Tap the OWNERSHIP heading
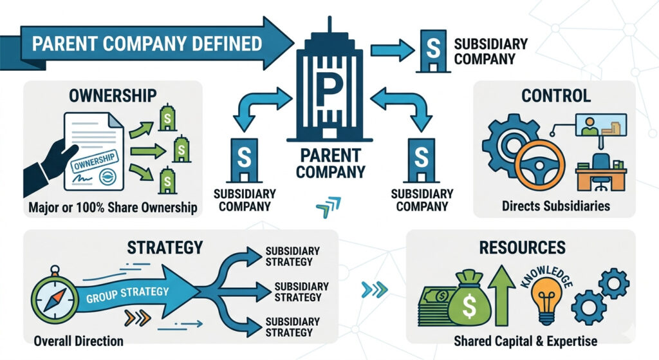113,96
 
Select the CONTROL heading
555,96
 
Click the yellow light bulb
546,301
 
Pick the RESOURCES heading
521,247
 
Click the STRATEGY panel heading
165,247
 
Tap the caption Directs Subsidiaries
555,207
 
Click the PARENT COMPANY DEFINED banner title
147,44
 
